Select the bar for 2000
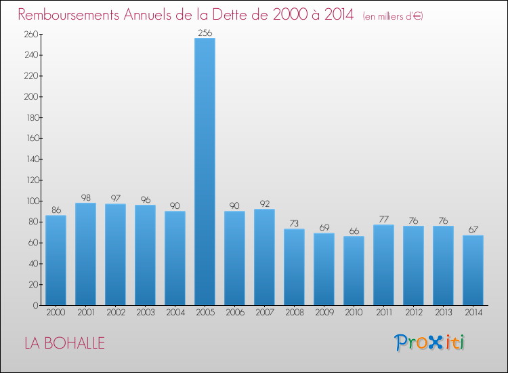tap(56, 260)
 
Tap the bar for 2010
tap(354, 271)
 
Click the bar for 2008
tap(294, 267)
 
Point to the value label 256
tap(205, 33)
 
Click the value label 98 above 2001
tap(85, 197)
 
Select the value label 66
tap(354, 231)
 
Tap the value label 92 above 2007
tap(264, 203)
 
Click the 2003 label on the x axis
tap(145, 313)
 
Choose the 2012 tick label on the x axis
tap(413, 313)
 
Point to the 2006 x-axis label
tap(234, 313)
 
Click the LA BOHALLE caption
tap(64, 343)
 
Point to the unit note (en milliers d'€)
tap(393, 16)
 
